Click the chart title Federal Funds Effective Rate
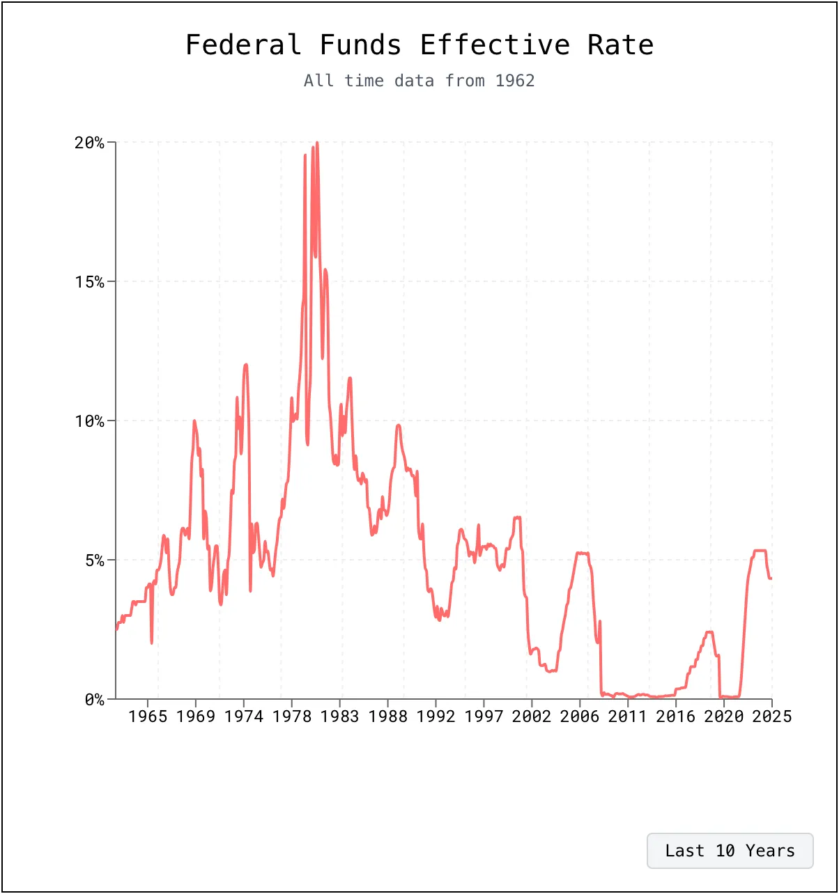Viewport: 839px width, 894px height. tap(419, 45)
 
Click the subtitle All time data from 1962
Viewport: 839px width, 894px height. tap(419, 81)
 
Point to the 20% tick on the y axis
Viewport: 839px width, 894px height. tap(89, 143)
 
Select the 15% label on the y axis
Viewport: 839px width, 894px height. tap(89, 282)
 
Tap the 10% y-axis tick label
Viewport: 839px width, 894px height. tap(89, 421)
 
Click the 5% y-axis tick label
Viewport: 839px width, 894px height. tap(94, 560)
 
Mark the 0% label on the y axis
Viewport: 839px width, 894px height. tap(94, 700)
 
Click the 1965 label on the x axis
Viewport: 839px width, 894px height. tap(148, 716)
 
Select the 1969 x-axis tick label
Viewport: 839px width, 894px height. tap(196, 716)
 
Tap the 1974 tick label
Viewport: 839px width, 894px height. tap(244, 716)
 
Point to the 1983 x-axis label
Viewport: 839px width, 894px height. tap(340, 716)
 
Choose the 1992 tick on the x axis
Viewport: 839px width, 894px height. tap(436, 716)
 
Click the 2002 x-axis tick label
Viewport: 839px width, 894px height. tap(532, 716)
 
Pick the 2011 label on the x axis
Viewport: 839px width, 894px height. tap(628, 716)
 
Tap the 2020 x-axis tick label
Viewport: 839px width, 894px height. tap(724, 716)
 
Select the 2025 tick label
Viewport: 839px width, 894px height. tap(771, 716)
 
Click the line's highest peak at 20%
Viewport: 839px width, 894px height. tap(317, 143)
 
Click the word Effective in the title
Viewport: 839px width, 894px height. tap(495, 45)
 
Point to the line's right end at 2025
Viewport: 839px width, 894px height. tap(771, 578)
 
